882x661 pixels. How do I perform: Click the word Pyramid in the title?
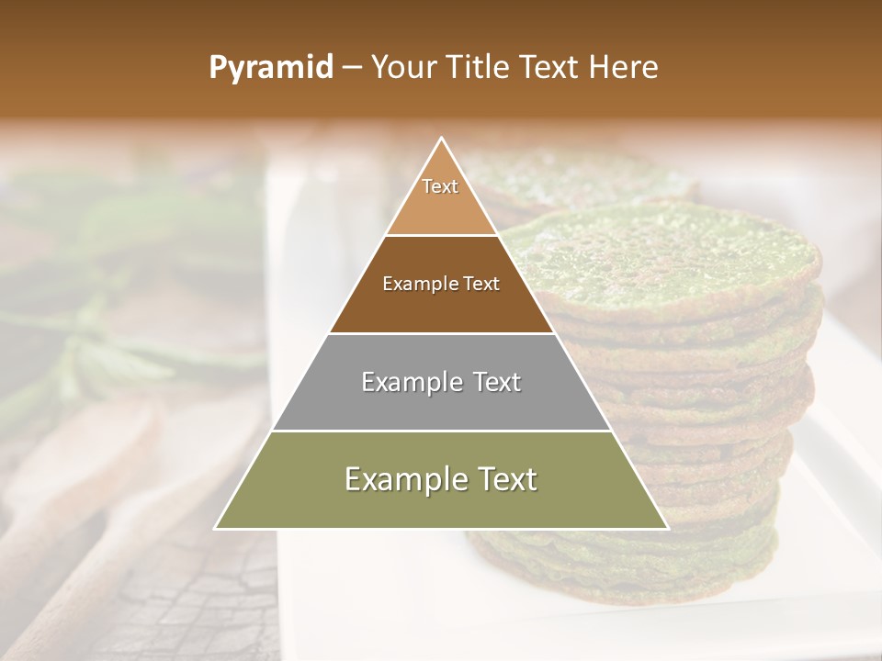pyautogui.click(x=270, y=68)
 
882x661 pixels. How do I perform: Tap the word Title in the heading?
pyautogui.click(x=480, y=68)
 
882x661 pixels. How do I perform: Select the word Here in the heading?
pyautogui.click(x=624, y=68)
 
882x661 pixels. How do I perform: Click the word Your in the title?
pyautogui.click(x=401, y=68)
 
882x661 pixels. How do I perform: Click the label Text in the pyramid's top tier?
pyautogui.click(x=440, y=186)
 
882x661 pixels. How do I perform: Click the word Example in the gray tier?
pyautogui.click(x=412, y=382)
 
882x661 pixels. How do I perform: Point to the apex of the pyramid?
pyautogui.click(x=442, y=139)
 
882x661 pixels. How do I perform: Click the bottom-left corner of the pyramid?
pyautogui.click(x=216, y=528)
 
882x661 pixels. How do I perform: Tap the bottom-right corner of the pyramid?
pyautogui.click(x=667, y=528)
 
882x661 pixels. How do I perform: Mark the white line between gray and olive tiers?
pyautogui.click(x=442, y=431)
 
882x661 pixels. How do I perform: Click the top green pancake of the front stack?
pyautogui.click(x=661, y=257)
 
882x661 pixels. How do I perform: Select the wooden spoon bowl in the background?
pyautogui.click(x=83, y=450)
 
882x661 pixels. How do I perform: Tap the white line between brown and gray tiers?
pyautogui.click(x=442, y=333)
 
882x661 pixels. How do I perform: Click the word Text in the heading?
pyautogui.click(x=553, y=68)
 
